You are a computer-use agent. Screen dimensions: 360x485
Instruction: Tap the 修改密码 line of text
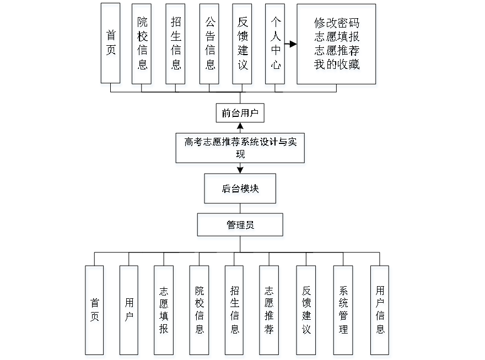(337, 25)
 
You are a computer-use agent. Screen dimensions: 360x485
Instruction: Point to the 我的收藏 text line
(337, 65)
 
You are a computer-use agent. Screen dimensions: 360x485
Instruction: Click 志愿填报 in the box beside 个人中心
(337, 38)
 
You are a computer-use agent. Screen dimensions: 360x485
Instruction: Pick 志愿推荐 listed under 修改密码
(337, 51)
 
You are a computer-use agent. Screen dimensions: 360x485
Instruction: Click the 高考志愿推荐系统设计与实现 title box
(240, 149)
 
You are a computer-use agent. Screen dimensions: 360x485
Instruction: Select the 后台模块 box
(241, 190)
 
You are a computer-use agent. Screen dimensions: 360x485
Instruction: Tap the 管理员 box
(241, 226)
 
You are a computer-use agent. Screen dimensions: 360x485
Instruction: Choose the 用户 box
(129, 311)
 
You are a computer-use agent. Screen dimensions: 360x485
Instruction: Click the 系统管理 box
(343, 311)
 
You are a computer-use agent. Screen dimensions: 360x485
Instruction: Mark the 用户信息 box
(380, 311)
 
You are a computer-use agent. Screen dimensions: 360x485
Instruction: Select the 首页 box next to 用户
(95, 311)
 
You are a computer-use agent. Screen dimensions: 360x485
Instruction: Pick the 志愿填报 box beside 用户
(164, 311)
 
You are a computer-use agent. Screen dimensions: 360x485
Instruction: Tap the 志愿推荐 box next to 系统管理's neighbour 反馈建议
(270, 311)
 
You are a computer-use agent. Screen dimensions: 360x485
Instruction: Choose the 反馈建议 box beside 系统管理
(306, 311)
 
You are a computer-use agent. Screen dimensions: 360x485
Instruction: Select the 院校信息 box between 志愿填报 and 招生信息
(199, 311)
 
